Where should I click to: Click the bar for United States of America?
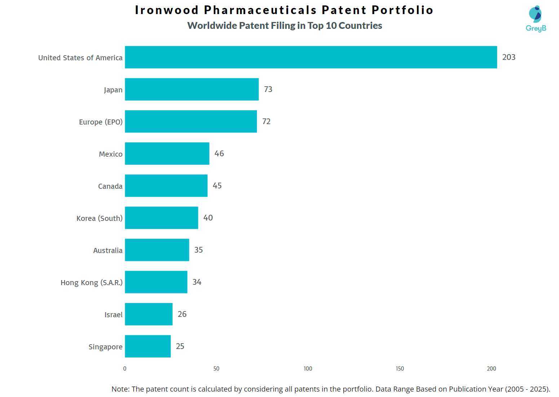point(311,57)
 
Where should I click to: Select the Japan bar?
point(192,89)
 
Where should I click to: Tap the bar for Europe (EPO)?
point(191,121)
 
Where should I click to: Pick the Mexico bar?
point(167,153)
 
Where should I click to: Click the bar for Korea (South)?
point(162,218)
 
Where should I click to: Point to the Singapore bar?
point(148,346)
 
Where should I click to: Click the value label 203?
point(509,57)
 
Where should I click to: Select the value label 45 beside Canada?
point(217,186)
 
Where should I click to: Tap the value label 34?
point(197,282)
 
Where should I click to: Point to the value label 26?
point(182,314)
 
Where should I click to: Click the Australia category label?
point(108,250)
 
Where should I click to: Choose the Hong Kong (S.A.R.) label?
point(92,283)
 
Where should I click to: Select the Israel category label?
point(114,315)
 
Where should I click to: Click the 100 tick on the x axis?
point(308,368)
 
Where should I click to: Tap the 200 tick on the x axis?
point(492,368)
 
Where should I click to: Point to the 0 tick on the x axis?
point(125,368)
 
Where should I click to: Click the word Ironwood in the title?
point(167,10)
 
